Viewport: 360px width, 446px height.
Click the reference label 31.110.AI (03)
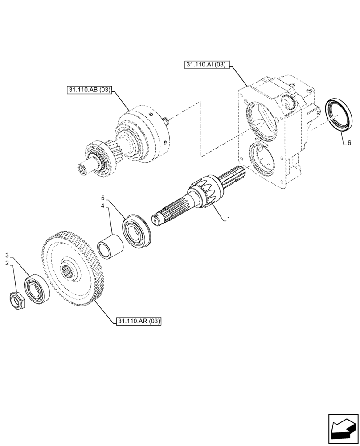(x=206, y=65)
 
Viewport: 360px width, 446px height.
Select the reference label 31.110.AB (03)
(x=89, y=90)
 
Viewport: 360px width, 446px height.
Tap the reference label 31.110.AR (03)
(x=139, y=321)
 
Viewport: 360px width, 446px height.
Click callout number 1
(x=229, y=219)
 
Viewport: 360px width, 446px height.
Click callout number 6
(x=349, y=143)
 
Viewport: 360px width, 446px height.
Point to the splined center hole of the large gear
(x=69, y=270)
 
